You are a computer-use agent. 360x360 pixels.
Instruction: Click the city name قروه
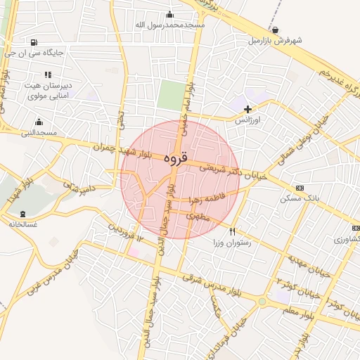point(176,158)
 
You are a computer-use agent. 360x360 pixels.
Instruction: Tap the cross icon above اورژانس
point(247,109)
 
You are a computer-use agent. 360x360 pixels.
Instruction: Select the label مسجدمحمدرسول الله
point(170,25)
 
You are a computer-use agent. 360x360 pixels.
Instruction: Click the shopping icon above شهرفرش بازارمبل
point(274,30)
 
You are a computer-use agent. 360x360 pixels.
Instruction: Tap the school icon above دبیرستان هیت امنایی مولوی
point(48,75)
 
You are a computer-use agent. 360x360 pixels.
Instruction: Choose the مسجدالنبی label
point(39,132)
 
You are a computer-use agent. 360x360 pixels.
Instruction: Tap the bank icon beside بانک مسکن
point(300,188)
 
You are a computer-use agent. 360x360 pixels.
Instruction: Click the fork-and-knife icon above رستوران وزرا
point(233,231)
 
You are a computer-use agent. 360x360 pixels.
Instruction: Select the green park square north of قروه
point(169,95)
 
